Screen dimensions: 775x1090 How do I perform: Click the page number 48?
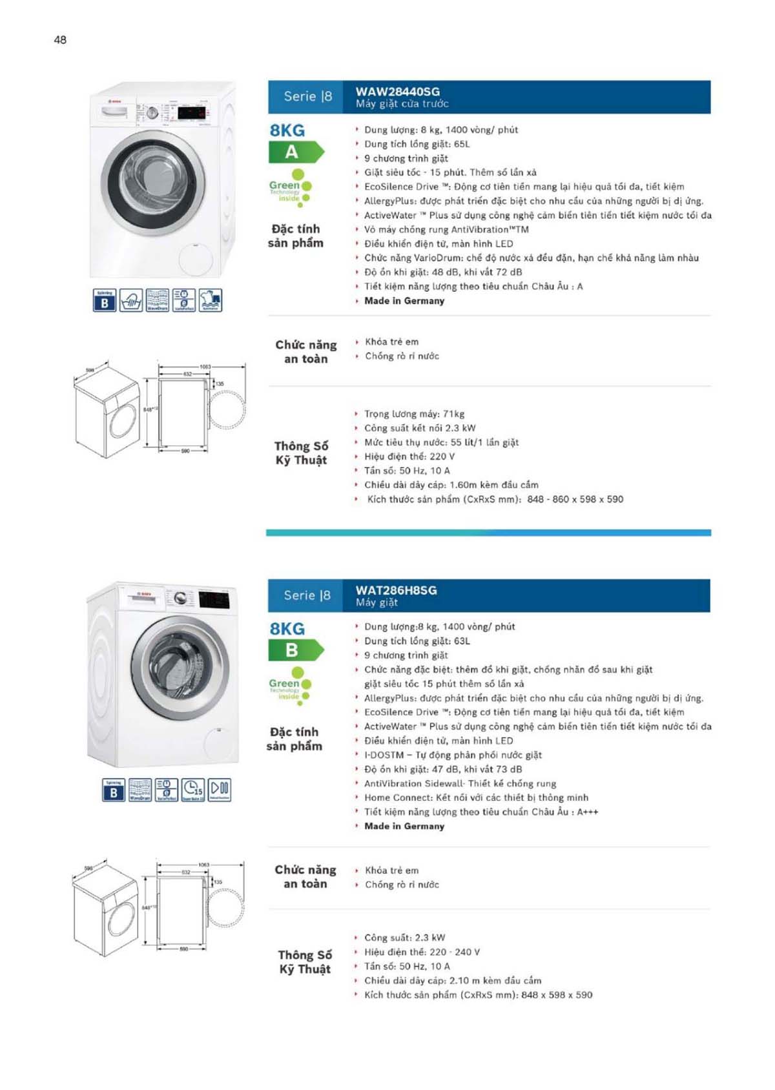coord(60,40)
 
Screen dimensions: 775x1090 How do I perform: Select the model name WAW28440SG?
coord(397,92)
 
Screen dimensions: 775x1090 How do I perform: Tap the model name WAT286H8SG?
coord(396,590)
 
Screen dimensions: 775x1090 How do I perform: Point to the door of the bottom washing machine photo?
coord(181,669)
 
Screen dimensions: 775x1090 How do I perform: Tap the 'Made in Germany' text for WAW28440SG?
coord(404,301)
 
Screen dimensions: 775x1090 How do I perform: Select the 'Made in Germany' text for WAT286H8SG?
coord(404,827)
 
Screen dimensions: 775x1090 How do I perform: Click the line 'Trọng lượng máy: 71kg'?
coord(414,414)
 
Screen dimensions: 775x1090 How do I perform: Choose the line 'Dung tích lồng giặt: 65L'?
coord(417,144)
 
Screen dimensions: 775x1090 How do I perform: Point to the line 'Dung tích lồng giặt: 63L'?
coord(417,641)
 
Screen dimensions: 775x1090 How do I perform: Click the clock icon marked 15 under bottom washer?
coord(192,789)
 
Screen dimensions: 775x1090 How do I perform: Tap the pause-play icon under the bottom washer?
coord(219,789)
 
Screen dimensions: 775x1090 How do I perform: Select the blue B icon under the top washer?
coord(105,301)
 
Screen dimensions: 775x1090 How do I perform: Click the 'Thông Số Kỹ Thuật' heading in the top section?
coord(301,453)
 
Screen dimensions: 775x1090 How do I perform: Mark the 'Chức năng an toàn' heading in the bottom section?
coord(305,877)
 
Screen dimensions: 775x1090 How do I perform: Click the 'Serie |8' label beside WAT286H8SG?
coord(307,595)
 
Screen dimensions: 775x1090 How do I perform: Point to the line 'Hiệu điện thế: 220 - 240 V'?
coord(422,952)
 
